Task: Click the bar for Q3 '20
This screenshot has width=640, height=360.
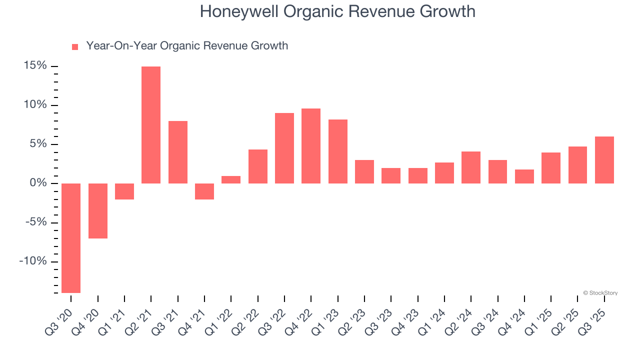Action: tap(71, 238)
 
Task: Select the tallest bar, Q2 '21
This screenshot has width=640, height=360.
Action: tap(151, 125)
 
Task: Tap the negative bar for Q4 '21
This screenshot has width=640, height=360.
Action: tap(204, 191)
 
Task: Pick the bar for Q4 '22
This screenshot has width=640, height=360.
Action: tap(311, 146)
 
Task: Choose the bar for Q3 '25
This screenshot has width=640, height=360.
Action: tap(604, 160)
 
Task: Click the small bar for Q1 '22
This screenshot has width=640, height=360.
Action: tap(231, 179)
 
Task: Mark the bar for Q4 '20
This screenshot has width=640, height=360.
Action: tap(98, 211)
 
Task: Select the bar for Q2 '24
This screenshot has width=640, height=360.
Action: tap(471, 167)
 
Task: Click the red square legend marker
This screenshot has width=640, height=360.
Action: tap(75, 47)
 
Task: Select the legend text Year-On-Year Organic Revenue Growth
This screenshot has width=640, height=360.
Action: tap(187, 46)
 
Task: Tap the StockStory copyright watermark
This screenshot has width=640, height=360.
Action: tap(600, 293)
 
